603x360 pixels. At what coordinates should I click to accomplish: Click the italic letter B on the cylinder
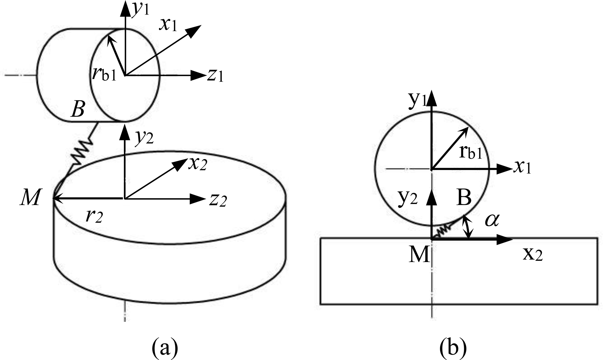point(78,110)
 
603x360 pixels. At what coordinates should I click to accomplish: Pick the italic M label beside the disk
point(30,198)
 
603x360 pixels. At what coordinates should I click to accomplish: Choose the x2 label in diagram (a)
point(197,165)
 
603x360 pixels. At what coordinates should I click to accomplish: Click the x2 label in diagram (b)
point(533,255)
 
